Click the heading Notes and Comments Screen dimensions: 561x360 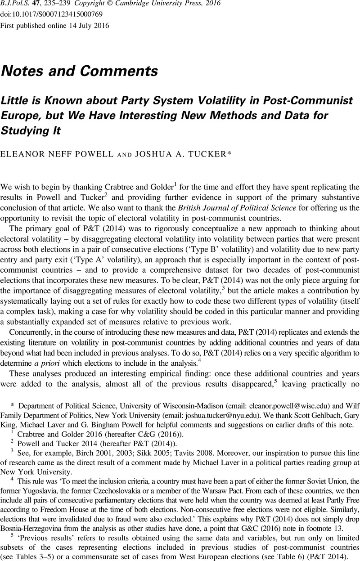[80, 71]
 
